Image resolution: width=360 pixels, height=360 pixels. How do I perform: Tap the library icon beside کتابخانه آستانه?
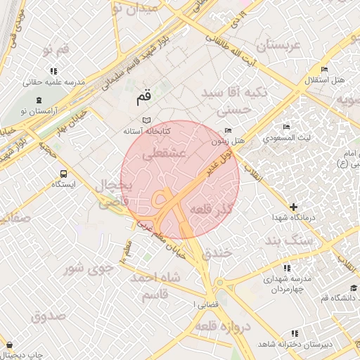coord(146,120)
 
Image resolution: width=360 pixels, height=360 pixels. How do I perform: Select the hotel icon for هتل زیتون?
coord(227,131)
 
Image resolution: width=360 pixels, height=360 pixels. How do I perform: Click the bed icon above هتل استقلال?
coord(323,69)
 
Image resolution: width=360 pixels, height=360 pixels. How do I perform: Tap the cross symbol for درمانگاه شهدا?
coord(293,207)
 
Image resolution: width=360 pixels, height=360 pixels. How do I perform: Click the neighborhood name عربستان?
coord(278,46)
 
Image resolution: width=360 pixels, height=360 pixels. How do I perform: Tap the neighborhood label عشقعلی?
coord(163,152)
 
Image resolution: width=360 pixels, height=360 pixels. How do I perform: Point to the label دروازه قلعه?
coord(224,327)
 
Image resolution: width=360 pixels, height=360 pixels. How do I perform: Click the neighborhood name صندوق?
coord(49,316)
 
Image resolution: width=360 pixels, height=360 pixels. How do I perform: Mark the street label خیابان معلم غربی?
coord(163,239)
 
